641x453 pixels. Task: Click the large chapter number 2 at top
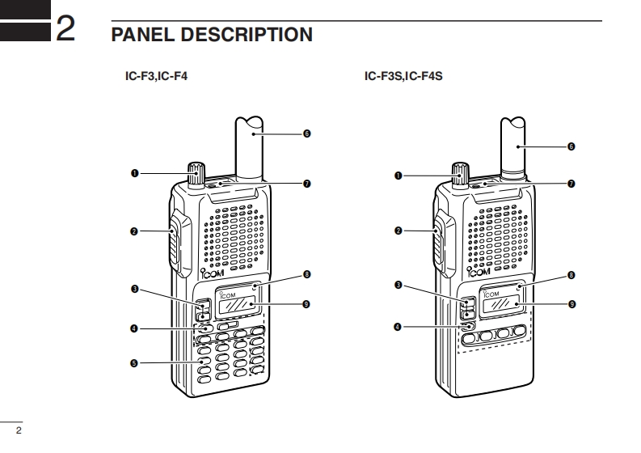coord(67,32)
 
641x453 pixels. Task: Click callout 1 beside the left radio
coord(134,173)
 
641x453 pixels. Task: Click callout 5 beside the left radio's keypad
coord(134,363)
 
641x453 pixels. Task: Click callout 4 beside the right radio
coord(399,327)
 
